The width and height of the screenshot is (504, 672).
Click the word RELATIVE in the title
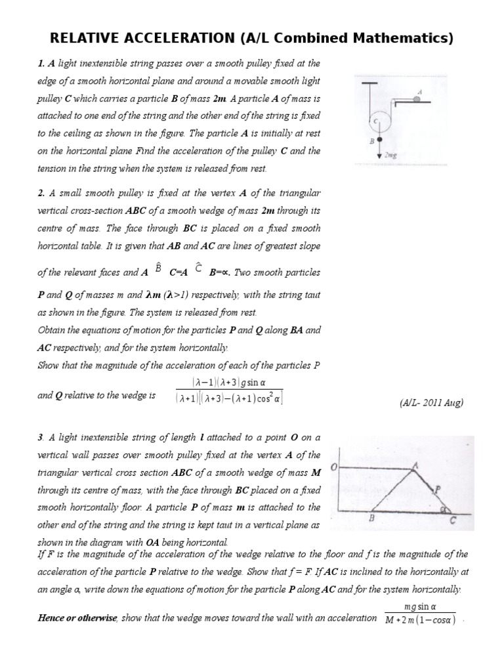(81, 39)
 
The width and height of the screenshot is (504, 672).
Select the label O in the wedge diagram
(333, 467)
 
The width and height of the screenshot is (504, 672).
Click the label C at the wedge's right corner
(453, 522)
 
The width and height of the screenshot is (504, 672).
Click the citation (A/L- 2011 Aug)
(431, 403)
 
